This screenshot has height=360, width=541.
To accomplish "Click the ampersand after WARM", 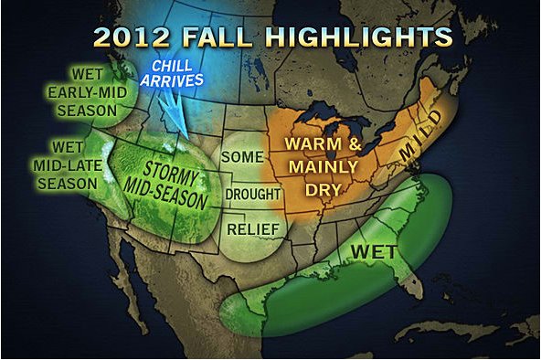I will coord(351,144).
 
